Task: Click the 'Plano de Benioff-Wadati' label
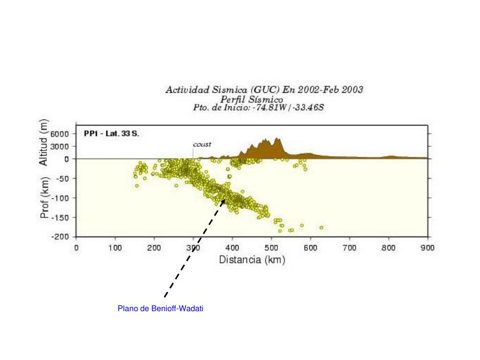[160, 308]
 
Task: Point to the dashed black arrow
[194, 248]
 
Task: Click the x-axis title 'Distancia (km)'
[252, 260]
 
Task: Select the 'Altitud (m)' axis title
[43, 142]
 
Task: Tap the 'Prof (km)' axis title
[45, 197]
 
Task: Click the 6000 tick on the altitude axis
[60, 134]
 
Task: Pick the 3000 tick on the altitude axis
[60, 146]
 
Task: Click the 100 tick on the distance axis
[115, 247]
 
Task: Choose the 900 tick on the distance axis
[427, 247]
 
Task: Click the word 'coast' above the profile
[202, 144]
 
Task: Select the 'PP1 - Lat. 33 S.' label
[111, 134]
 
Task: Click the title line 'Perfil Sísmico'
[252, 99]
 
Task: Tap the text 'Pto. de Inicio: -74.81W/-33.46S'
[258, 107]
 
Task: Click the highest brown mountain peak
[277, 139]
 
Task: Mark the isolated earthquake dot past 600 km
[322, 227]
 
